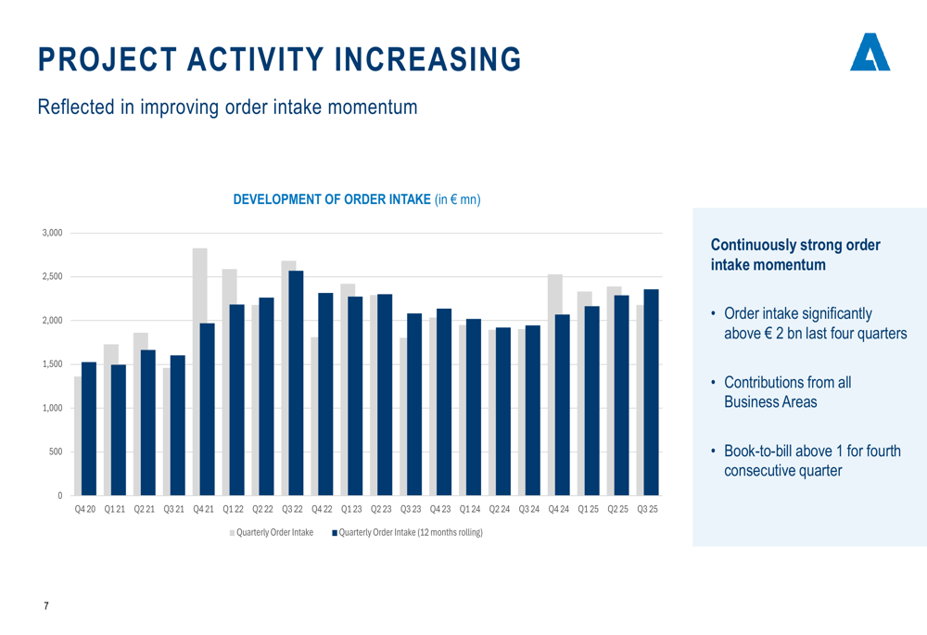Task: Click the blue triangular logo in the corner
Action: [870, 53]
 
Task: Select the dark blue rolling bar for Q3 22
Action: [296, 382]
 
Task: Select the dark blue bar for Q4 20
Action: [89, 427]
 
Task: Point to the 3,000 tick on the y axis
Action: [53, 233]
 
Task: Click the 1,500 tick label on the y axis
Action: [53, 364]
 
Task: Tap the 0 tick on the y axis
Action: [59, 496]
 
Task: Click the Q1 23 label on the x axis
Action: [351, 510]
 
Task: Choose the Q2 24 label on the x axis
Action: [500, 510]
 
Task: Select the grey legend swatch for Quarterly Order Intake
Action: [233, 532]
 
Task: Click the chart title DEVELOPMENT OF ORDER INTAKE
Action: [332, 199]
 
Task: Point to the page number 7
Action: [46, 606]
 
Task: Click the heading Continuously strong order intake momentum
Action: [794, 255]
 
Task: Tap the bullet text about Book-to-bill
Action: [811, 461]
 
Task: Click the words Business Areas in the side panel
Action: [769, 401]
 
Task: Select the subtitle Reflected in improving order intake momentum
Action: [227, 108]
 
